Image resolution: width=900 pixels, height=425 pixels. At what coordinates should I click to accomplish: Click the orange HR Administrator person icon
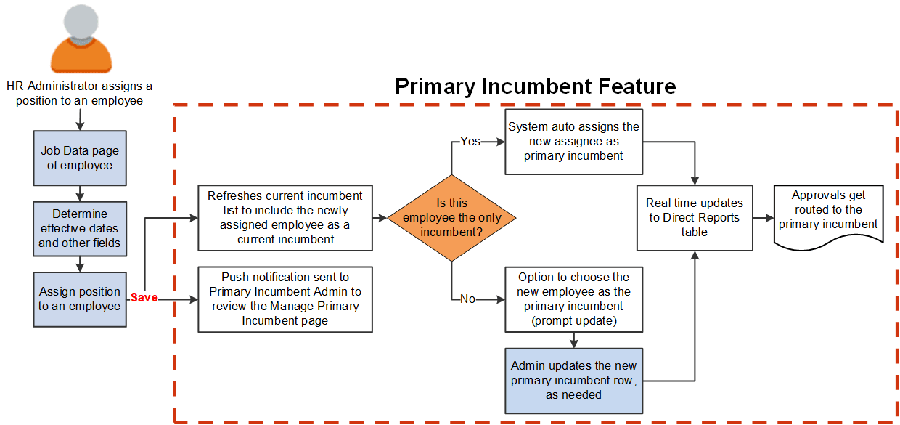pos(81,40)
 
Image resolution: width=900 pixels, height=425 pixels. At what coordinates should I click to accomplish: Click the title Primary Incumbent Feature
pos(535,86)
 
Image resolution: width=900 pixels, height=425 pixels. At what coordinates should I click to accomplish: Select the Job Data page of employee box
pos(80,158)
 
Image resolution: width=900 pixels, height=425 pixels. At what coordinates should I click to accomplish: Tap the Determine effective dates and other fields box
pos(80,229)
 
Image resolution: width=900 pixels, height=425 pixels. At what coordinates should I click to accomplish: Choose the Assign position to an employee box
pos(80,299)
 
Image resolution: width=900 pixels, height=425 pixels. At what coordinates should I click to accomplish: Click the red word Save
pos(144,298)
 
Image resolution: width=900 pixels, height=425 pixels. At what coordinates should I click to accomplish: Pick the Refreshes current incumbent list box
pos(285,217)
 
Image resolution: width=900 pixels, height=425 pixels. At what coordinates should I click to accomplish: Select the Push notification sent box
pos(285,299)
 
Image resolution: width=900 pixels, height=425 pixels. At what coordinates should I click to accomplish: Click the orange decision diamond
pos(451,217)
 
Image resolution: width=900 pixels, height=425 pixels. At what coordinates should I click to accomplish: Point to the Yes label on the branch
pos(470,142)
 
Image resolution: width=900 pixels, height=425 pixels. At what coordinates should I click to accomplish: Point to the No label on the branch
pos(468,299)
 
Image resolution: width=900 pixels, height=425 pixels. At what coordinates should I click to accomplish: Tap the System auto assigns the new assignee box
pos(573,142)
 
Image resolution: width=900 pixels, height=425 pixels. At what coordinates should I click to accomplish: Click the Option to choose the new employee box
pos(573,299)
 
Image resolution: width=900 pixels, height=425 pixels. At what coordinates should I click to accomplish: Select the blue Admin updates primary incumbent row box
pos(573,380)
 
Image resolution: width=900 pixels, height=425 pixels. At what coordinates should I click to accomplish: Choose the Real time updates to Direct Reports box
pos(695,217)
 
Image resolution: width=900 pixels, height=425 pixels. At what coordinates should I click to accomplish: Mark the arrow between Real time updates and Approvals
pos(763,217)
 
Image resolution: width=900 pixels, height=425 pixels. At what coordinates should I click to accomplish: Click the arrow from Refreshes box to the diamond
pos(380,217)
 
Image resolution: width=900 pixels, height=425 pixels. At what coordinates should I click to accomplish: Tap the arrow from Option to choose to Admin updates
pos(574,340)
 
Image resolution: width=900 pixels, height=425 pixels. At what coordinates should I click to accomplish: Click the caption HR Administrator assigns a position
pos(79,93)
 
